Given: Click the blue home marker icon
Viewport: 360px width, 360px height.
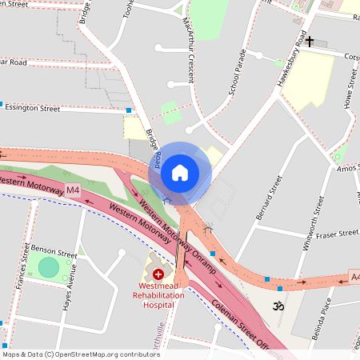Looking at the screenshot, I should tap(180, 172).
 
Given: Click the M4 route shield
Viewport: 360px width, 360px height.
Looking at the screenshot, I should tap(73, 190).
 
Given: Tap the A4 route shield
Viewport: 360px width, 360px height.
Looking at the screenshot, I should tap(354, 278).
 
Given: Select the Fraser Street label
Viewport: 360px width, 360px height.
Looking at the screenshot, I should tap(338, 234).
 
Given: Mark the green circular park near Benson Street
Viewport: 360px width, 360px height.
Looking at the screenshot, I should tap(49, 267).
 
